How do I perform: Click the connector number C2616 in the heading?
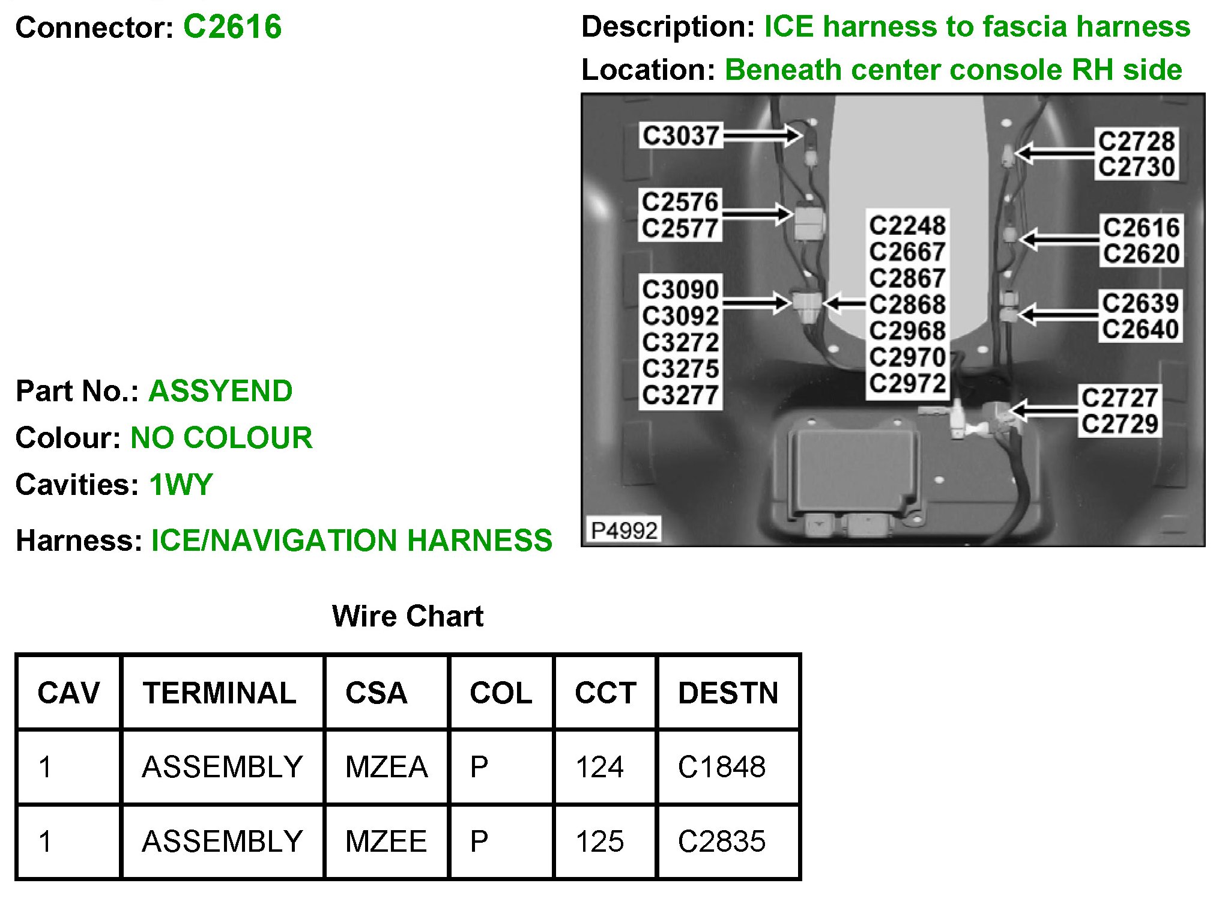(232, 27)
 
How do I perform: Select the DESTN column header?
(728, 693)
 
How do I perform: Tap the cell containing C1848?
(721, 767)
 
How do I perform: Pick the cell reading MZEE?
(386, 841)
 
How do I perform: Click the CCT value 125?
(599, 841)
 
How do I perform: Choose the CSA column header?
(376, 693)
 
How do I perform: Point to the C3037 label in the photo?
(680, 136)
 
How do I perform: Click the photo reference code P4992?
(624, 530)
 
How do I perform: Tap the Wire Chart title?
(407, 616)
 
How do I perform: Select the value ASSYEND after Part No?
(220, 391)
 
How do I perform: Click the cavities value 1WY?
(181, 485)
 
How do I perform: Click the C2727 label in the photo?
(1119, 398)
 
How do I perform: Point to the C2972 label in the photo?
(907, 383)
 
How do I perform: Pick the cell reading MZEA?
(386, 767)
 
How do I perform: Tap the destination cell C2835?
(721, 841)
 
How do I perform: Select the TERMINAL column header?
(219, 693)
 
